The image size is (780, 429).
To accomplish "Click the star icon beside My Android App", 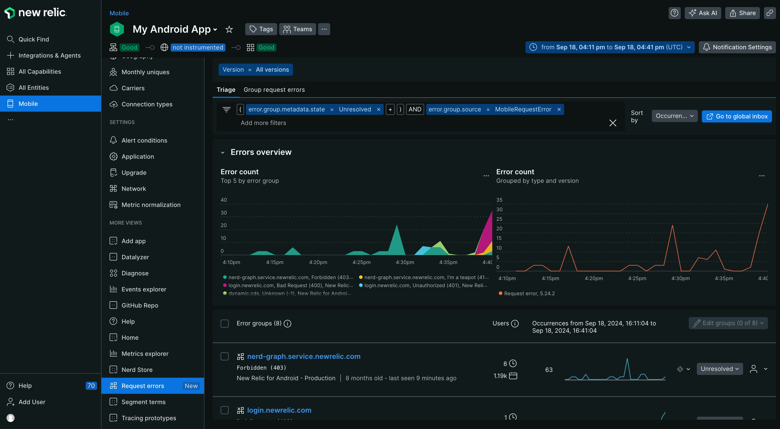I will click(x=229, y=29).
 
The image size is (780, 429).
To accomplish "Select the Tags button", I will click(x=261, y=29).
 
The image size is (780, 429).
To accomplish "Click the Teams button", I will click(x=297, y=29).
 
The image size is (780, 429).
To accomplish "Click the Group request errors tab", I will click(x=274, y=90).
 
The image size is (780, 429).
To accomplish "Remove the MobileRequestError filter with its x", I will click(x=559, y=109).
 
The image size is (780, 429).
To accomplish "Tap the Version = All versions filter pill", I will click(x=256, y=70).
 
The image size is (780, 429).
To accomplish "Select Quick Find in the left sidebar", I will click(x=34, y=39).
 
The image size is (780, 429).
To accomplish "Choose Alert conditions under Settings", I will click(x=144, y=140).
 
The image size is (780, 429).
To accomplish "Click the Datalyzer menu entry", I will click(x=135, y=257).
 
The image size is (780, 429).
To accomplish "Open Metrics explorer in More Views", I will click(x=145, y=354).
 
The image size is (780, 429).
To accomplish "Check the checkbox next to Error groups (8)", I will click(x=224, y=323).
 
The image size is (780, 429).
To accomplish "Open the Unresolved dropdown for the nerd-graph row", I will click(x=719, y=369).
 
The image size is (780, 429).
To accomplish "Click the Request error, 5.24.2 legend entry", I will click(x=529, y=293).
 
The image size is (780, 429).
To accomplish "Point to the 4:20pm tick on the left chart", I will click(x=318, y=262).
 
